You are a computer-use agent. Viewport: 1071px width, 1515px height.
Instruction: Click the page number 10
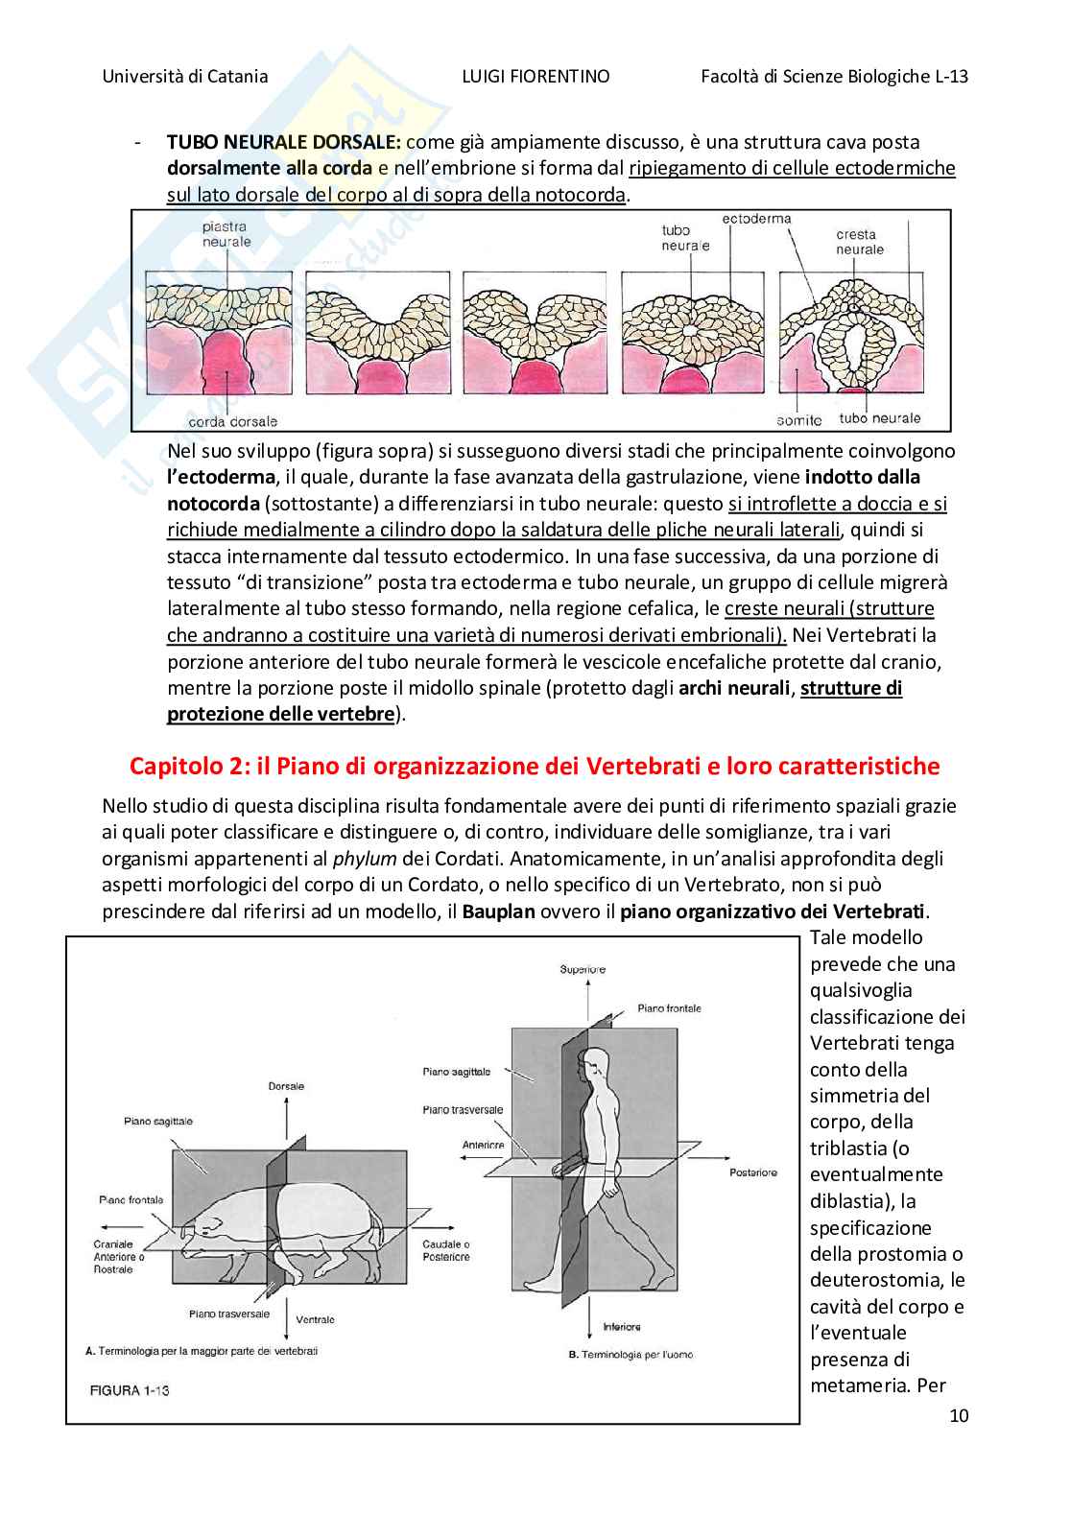pyautogui.click(x=959, y=1415)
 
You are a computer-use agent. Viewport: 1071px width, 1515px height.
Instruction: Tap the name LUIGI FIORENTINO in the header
pyautogui.click(x=535, y=77)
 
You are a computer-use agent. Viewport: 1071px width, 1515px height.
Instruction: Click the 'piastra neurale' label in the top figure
pyautogui.click(x=226, y=234)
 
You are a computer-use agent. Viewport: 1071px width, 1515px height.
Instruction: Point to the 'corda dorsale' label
pyautogui.click(x=233, y=421)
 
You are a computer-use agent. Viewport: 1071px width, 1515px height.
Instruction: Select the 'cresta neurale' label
pyautogui.click(x=859, y=242)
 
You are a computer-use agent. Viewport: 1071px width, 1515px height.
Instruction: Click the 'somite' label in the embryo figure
pyautogui.click(x=799, y=420)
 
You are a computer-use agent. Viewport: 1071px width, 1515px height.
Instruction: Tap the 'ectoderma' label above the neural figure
pyautogui.click(x=756, y=219)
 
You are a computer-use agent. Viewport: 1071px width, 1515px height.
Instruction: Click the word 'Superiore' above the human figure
pyautogui.click(x=583, y=969)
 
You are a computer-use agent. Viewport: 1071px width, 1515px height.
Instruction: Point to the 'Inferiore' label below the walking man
pyautogui.click(x=622, y=1327)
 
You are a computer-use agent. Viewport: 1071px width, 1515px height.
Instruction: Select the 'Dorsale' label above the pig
pyautogui.click(x=286, y=1086)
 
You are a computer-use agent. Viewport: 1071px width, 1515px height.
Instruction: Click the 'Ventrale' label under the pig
pyautogui.click(x=315, y=1319)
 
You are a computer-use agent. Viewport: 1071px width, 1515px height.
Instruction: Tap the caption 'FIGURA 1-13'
pyautogui.click(x=130, y=1390)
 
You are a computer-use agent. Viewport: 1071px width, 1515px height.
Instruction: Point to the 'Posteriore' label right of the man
pyautogui.click(x=752, y=1172)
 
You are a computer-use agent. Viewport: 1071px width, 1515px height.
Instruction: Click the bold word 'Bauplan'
pyautogui.click(x=498, y=911)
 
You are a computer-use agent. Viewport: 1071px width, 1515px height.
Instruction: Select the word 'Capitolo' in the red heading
pyautogui.click(x=176, y=766)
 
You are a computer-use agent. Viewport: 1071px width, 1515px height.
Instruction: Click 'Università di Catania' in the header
pyautogui.click(x=185, y=77)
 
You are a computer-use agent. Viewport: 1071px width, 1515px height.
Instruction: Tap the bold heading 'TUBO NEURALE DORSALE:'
pyautogui.click(x=284, y=142)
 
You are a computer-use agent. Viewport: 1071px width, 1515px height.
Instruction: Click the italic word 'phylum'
pyautogui.click(x=365, y=859)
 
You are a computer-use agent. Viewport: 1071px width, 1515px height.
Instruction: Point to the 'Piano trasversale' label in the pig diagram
pyautogui.click(x=229, y=1314)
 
